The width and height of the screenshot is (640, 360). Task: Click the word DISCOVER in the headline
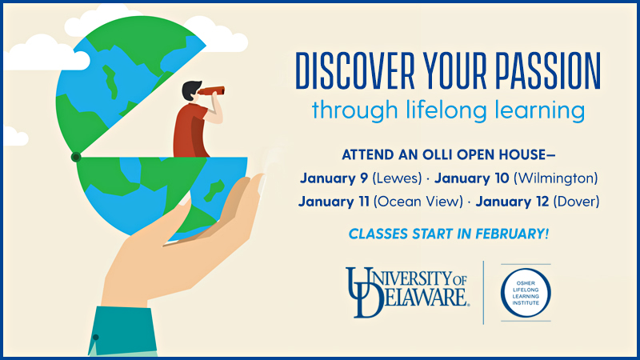[x=354, y=71]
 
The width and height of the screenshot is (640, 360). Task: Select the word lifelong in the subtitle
[x=446, y=110]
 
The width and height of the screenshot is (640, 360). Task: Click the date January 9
[x=334, y=178]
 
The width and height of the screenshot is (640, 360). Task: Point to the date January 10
[x=471, y=178]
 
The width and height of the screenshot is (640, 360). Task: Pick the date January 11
[x=334, y=202]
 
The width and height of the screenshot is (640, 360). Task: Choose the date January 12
[x=512, y=202]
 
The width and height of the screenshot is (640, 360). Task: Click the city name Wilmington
[x=555, y=178]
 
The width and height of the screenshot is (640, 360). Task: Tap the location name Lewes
[x=397, y=178]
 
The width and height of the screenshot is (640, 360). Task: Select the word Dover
[x=576, y=202]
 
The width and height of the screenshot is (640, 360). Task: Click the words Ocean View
[x=418, y=202]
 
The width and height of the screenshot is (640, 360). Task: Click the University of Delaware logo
[x=407, y=292]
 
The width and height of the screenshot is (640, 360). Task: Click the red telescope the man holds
[x=211, y=90]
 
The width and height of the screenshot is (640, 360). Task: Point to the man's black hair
[x=190, y=90]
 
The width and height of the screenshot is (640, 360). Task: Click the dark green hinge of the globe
[x=76, y=157]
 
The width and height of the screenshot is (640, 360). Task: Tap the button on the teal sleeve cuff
[x=95, y=337]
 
